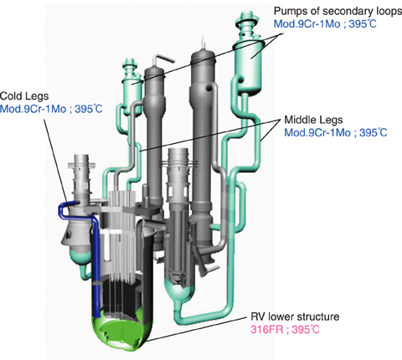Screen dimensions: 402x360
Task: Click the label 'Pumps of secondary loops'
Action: tap(338, 11)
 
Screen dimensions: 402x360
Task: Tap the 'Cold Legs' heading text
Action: tap(24, 96)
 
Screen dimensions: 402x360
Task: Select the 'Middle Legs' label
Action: tap(313, 120)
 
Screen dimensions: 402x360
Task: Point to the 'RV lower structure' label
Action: tap(295, 317)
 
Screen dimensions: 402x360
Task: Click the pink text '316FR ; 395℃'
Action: tap(285, 330)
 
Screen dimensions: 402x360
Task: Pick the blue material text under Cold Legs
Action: tap(51, 109)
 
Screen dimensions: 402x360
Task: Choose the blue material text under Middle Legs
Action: tap(336, 132)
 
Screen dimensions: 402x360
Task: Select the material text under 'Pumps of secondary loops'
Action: tap(325, 23)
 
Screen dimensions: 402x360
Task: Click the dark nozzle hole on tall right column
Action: tap(209, 88)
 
